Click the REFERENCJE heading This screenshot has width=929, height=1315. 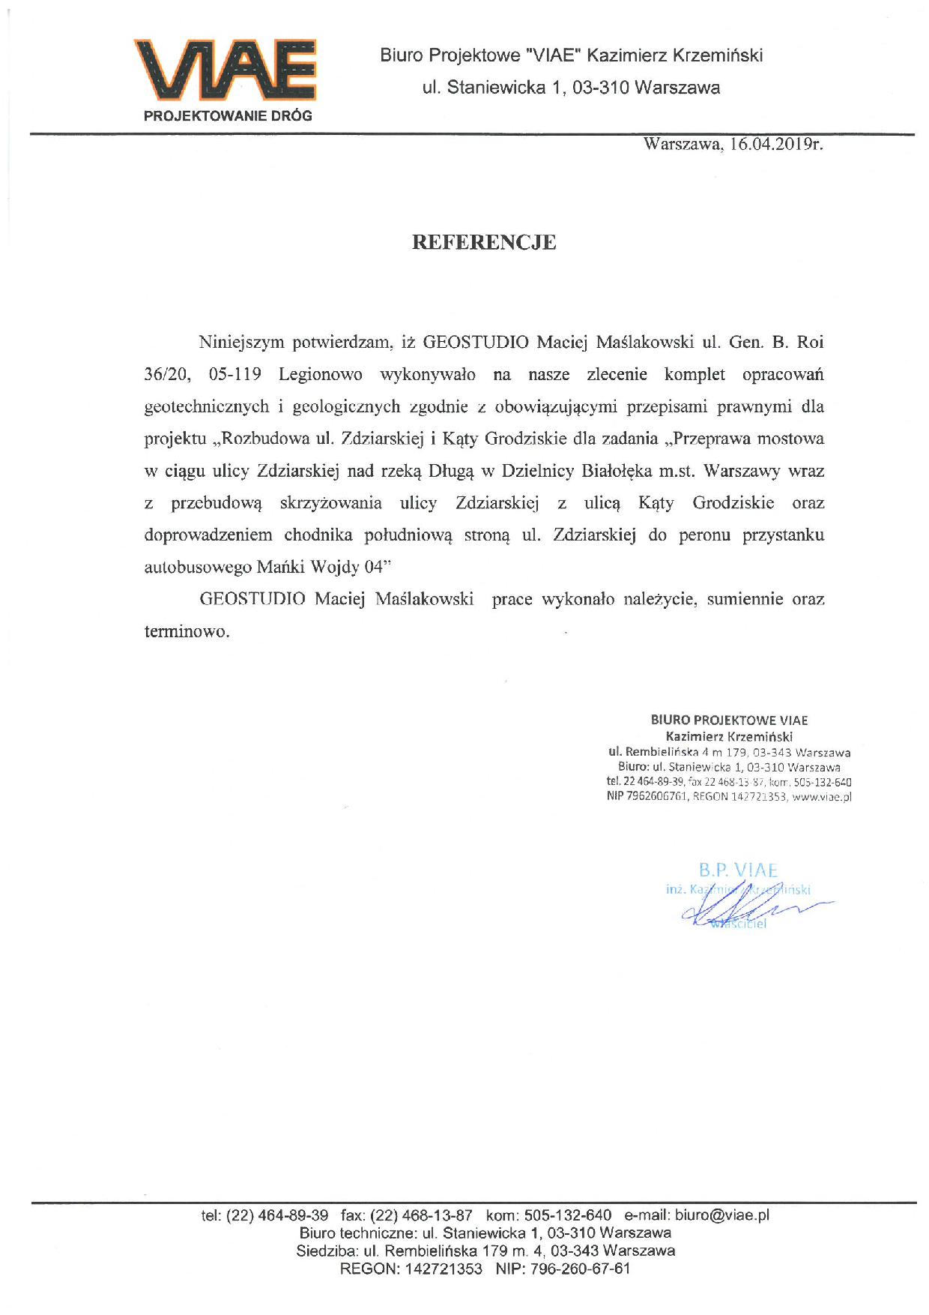(484, 242)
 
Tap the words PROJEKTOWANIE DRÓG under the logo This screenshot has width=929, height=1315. (228, 116)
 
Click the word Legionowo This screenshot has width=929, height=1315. (320, 374)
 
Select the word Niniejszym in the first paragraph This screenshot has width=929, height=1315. (241, 343)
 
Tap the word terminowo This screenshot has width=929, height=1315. (187, 631)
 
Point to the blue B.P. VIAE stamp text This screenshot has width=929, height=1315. (738, 870)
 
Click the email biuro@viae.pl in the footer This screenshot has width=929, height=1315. (722, 1215)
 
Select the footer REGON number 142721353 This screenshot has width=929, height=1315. (444, 1269)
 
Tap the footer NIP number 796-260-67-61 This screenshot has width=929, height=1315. (581, 1269)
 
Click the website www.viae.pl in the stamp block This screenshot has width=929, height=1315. (822, 797)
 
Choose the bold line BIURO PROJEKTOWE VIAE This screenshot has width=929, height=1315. (729, 720)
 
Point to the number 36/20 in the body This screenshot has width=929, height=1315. (164, 374)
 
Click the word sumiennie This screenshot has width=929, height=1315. (745, 600)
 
